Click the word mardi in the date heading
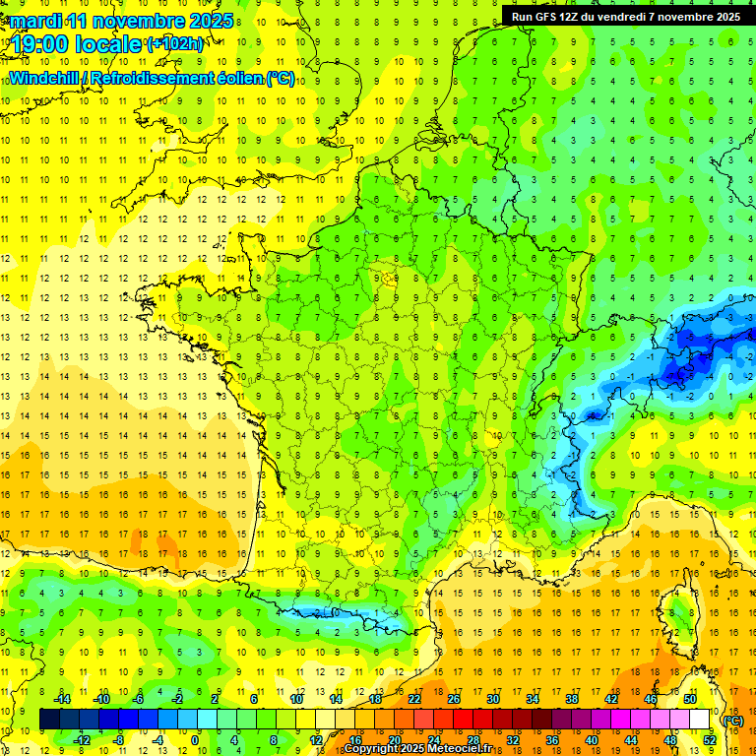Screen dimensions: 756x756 point(30,20)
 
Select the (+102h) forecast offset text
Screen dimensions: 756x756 point(175,44)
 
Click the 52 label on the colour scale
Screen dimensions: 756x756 point(709,740)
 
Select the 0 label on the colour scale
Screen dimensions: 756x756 point(195,740)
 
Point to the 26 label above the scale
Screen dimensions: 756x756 point(454,699)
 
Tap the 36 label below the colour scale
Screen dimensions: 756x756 point(551,740)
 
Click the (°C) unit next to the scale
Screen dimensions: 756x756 point(732,720)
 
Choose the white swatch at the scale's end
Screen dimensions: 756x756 point(700,720)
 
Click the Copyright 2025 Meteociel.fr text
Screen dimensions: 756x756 point(417,749)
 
